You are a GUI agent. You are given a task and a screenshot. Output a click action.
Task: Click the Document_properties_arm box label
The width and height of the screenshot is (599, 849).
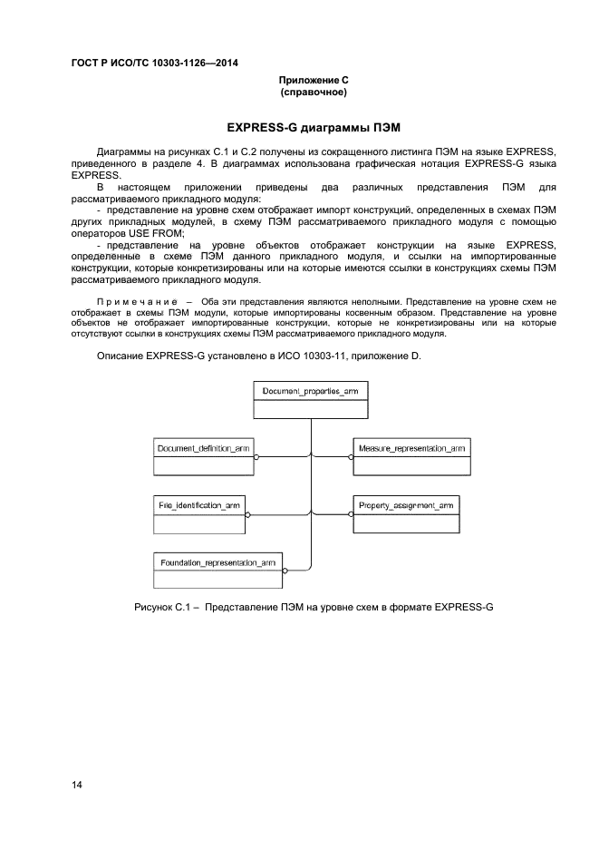click(310, 392)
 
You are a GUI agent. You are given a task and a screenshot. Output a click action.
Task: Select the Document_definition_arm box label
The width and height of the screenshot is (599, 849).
click(203, 448)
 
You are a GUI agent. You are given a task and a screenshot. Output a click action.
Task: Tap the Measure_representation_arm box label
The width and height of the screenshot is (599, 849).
click(411, 448)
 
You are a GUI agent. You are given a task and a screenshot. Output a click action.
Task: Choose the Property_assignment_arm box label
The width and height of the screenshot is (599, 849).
click(405, 503)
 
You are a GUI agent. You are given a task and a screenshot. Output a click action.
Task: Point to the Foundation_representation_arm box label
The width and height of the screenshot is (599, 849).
click(218, 562)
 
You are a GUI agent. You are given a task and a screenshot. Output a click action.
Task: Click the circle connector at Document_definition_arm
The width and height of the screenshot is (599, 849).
click(257, 457)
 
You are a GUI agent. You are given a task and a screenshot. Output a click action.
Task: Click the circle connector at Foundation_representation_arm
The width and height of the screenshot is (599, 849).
click(286, 571)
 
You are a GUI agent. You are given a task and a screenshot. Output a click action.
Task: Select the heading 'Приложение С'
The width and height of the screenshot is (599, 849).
click(314, 81)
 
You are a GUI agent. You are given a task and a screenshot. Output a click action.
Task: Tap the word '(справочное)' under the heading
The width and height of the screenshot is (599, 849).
click(314, 93)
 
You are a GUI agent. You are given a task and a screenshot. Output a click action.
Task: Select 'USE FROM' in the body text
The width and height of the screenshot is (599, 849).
click(156, 233)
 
